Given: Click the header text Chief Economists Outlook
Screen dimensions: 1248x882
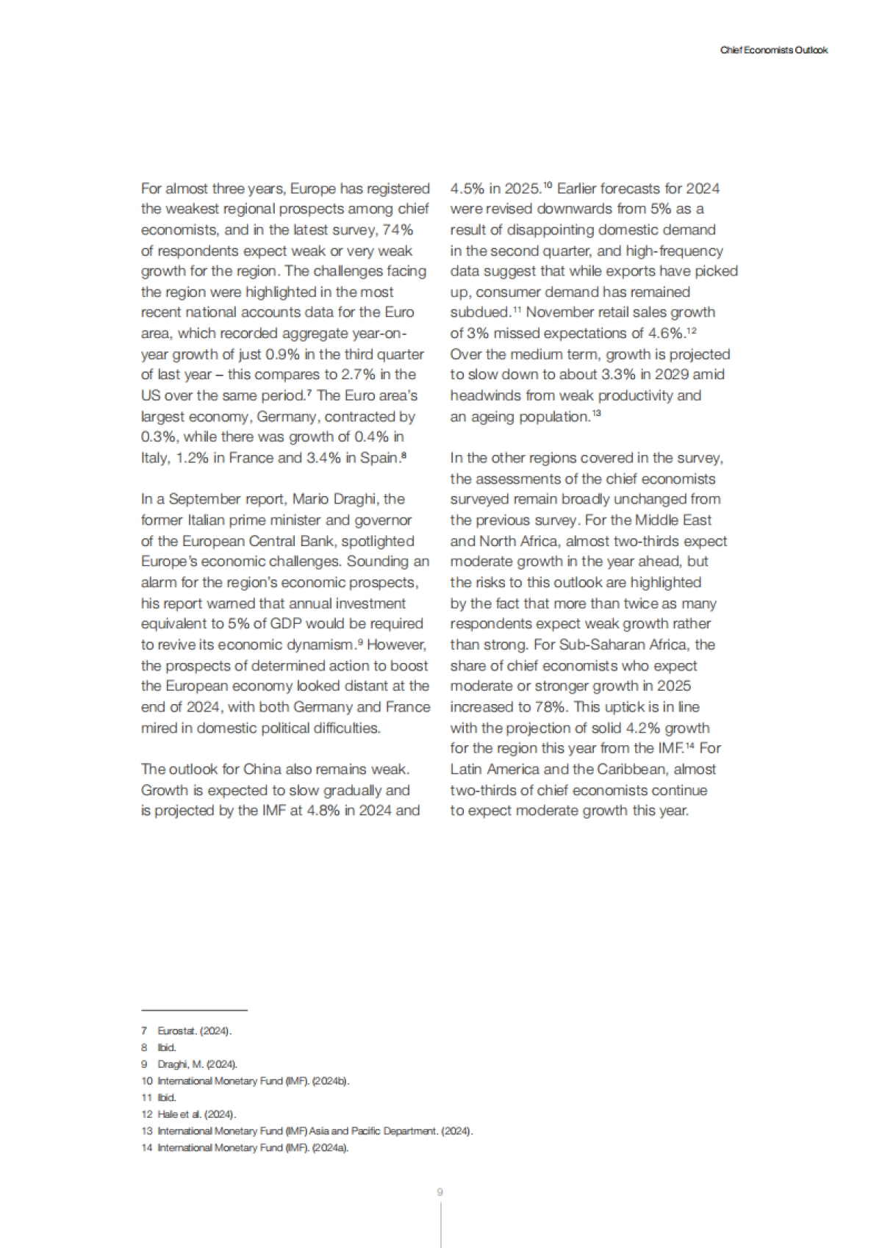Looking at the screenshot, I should point(774,51).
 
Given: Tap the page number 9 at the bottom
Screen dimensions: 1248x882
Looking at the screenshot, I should point(440,1192).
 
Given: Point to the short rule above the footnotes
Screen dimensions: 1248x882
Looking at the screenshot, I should point(194,1010).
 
